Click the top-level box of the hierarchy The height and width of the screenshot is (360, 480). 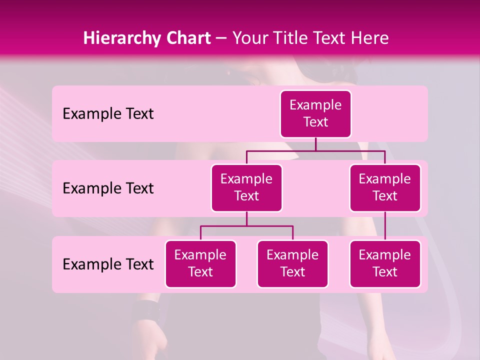click(x=315, y=114)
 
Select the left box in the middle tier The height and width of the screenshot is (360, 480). click(x=246, y=187)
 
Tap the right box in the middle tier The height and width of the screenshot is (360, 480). click(x=385, y=187)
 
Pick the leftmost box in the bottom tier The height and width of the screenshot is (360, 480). click(x=200, y=263)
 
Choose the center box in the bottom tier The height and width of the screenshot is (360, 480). click(x=292, y=263)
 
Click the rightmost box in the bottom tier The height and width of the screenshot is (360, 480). click(x=385, y=263)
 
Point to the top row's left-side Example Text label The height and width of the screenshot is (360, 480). click(x=108, y=114)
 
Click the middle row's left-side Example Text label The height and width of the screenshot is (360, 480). click(x=108, y=188)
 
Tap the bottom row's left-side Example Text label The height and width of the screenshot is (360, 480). click(x=108, y=264)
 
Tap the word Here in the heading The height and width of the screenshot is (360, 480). click(x=369, y=38)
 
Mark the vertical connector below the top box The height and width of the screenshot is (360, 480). click(x=315, y=144)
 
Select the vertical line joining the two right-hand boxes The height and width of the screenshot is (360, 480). click(x=385, y=226)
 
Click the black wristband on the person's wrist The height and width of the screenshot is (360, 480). click(x=145, y=311)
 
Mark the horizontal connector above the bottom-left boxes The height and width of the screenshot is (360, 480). click(x=246, y=226)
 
